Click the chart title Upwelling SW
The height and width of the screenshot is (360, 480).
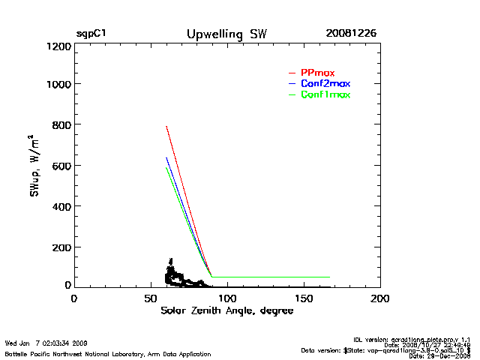(226, 34)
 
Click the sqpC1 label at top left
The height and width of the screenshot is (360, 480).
(91, 34)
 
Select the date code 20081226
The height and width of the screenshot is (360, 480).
(351, 34)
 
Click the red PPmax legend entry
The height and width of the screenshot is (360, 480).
(317, 72)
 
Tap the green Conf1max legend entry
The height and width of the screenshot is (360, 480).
(325, 94)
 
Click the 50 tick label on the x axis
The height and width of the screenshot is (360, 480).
(150, 298)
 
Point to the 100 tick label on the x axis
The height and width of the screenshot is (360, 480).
(227, 298)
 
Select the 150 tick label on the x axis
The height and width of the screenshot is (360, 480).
(304, 298)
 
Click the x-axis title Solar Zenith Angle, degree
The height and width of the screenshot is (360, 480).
(226, 311)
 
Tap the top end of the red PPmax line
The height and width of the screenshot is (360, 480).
(166, 126)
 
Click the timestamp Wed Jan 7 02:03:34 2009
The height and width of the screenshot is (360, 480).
(46, 343)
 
